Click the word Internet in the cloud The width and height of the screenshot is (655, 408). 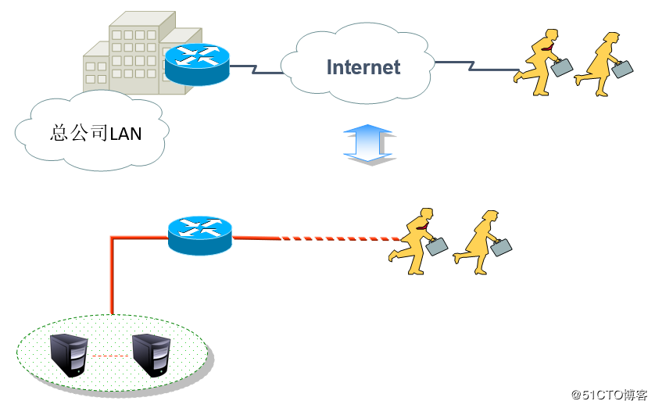tap(363, 67)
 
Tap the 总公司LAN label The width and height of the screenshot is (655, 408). tap(95, 133)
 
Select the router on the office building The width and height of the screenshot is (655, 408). tap(197, 64)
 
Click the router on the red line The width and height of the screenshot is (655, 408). tap(200, 235)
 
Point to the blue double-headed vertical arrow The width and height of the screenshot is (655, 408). tap(368, 143)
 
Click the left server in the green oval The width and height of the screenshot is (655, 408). tap(69, 356)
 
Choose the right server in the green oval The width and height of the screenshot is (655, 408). tap(151, 356)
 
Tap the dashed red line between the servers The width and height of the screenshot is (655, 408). tap(110, 356)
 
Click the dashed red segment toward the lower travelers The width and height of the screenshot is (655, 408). tap(341, 239)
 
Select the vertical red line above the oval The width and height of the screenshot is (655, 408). tap(112, 276)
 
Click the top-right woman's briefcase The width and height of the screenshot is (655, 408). tap(622, 69)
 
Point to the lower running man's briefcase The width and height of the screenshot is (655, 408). tap(436, 246)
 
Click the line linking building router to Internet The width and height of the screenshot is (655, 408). tap(256, 70)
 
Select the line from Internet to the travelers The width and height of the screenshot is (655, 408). tap(476, 66)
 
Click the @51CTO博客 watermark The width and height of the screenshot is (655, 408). tap(610, 395)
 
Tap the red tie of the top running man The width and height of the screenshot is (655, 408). tap(548, 48)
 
